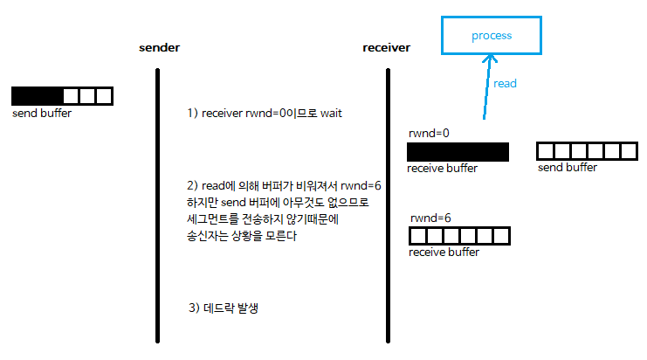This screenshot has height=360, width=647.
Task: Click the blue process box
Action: click(491, 37)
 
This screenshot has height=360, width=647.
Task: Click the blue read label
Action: click(505, 84)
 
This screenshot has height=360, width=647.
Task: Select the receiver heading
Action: click(387, 47)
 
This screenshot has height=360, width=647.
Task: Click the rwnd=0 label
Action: click(429, 134)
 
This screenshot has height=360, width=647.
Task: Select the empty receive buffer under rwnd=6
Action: click(459, 236)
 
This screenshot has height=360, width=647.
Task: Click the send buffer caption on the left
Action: click(42, 114)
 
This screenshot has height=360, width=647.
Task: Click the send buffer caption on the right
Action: click(568, 167)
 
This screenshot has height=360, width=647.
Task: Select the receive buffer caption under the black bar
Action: click(442, 168)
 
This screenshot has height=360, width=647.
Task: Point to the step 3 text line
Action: click(228, 308)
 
